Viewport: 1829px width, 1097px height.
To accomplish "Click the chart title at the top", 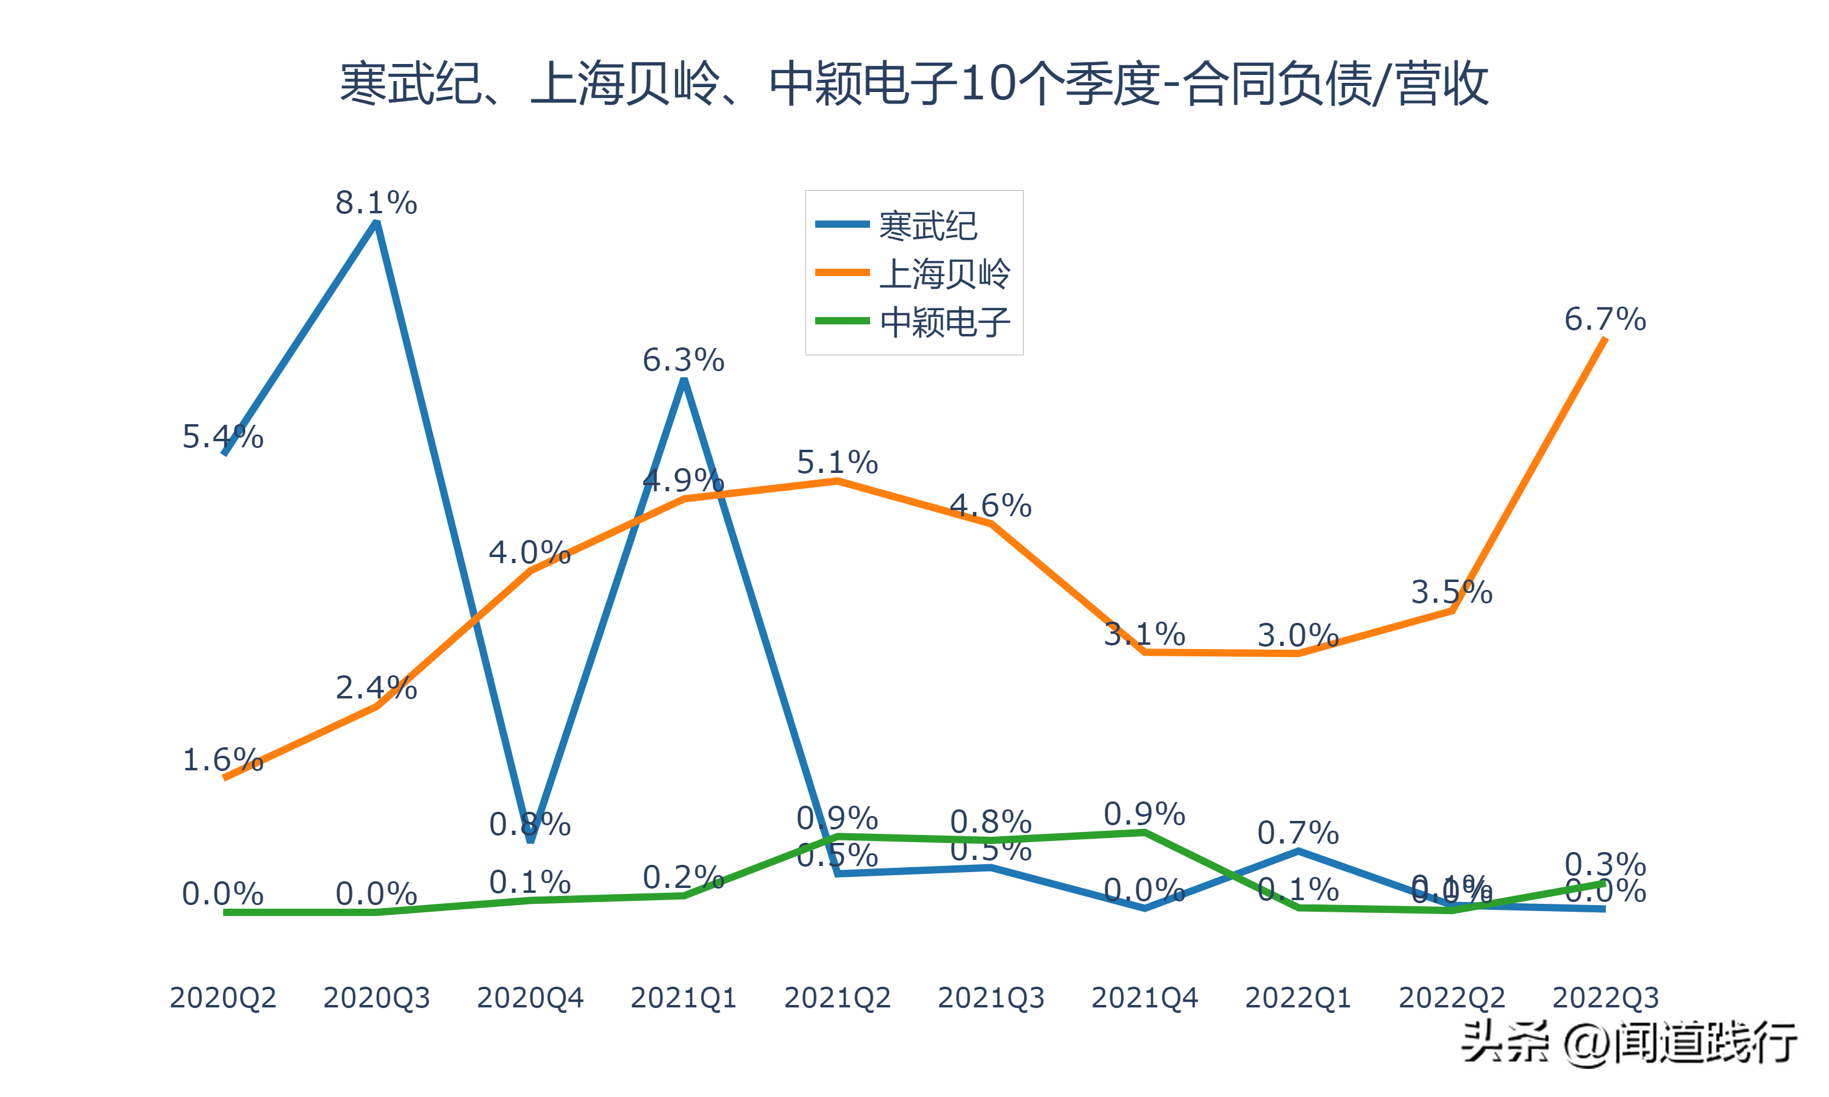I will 914,83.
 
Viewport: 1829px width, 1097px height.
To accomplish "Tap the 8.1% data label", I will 376,202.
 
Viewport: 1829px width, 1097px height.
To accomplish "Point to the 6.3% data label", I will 683,360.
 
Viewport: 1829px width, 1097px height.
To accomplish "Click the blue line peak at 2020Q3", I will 377,222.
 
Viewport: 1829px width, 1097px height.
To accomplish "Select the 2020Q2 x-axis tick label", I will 223,998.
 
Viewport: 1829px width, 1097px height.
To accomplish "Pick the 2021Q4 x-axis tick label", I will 1144,998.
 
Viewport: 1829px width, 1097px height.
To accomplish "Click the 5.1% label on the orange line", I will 837,462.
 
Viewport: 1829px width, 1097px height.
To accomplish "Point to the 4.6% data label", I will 991,506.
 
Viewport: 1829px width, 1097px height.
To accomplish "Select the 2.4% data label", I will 376,687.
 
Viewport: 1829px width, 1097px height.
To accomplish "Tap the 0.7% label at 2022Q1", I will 1298,833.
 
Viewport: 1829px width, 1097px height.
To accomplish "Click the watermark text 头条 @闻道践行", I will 1628,1043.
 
